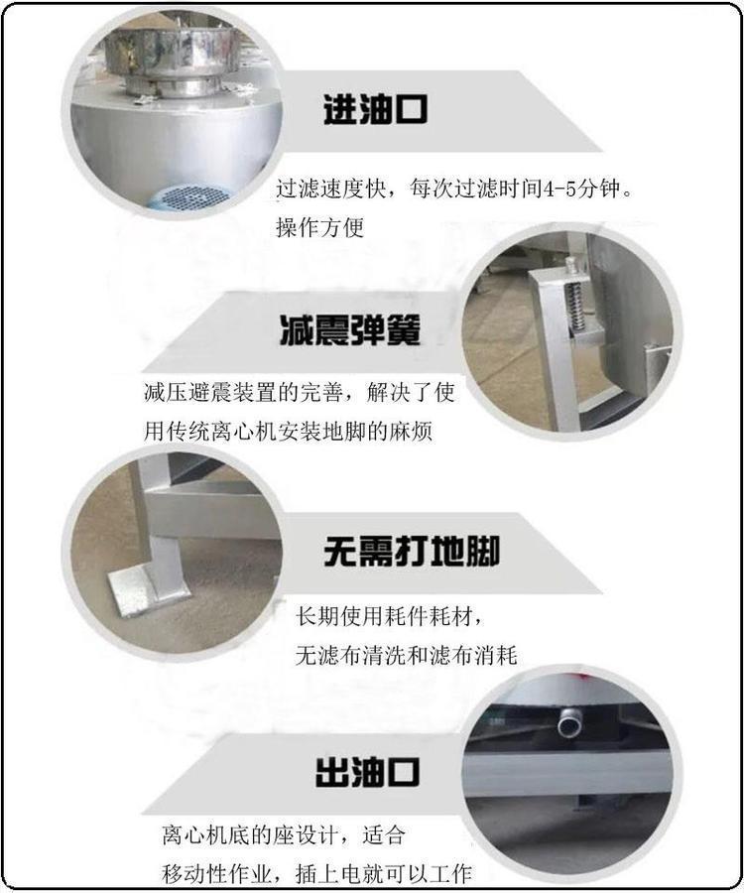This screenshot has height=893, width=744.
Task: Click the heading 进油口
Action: pos(375,109)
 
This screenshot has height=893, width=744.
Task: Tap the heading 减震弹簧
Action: pos(350,329)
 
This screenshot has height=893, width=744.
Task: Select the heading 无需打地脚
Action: pos(412,551)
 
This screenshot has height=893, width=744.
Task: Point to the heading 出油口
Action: pos(368,772)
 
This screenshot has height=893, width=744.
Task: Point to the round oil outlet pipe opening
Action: pos(568,725)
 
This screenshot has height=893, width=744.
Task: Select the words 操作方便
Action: pos(319,227)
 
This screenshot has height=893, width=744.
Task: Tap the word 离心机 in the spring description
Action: pos(244,432)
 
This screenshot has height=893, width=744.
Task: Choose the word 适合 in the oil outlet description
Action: pos(384,834)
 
